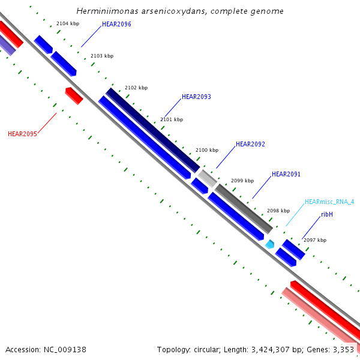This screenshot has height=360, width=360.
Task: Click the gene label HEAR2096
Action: point(116,24)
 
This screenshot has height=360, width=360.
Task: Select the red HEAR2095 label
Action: point(22,134)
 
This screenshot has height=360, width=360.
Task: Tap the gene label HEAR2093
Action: point(196,97)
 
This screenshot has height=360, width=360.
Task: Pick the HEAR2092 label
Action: point(250,144)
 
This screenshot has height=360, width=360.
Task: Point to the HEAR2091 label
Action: point(286,174)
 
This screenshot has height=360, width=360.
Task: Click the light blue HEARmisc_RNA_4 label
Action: point(329,202)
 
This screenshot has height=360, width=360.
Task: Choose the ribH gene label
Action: point(327,214)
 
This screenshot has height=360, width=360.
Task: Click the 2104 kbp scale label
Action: point(67,23)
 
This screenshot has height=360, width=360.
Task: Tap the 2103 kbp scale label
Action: point(102,56)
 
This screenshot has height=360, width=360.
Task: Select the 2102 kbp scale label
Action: point(136,88)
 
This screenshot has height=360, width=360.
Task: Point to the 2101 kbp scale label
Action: point(172,119)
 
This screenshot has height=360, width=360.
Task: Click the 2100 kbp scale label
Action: point(207,150)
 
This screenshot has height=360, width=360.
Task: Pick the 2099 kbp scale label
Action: point(242,181)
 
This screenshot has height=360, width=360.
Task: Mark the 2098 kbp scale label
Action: point(278,211)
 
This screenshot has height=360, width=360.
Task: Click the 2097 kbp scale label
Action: point(315,240)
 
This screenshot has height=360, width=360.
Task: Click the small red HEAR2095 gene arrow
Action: point(74,95)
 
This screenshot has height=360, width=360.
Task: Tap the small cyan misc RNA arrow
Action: point(270,244)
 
